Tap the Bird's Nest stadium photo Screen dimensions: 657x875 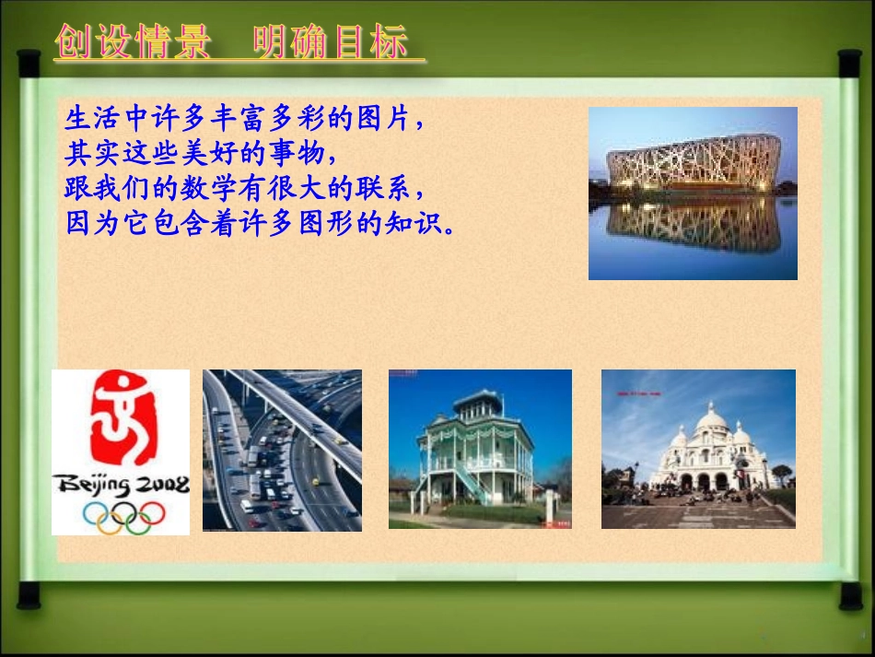pyautogui.click(x=693, y=193)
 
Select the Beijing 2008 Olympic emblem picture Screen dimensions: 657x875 pyautogui.click(x=121, y=452)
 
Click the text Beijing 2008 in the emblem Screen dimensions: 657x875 pyautogui.click(x=121, y=485)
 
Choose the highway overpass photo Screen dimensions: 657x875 pyautogui.click(x=282, y=450)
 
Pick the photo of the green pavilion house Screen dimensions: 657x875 pyautogui.click(x=480, y=449)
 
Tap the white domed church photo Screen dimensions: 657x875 pyautogui.click(x=698, y=449)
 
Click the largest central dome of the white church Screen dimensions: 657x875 pyautogui.click(x=711, y=423)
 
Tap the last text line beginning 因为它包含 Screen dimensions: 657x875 pyautogui.click(x=260, y=224)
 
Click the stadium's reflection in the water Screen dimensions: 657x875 pyautogui.click(x=693, y=226)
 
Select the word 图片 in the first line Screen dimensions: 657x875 pyautogui.click(x=388, y=119)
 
